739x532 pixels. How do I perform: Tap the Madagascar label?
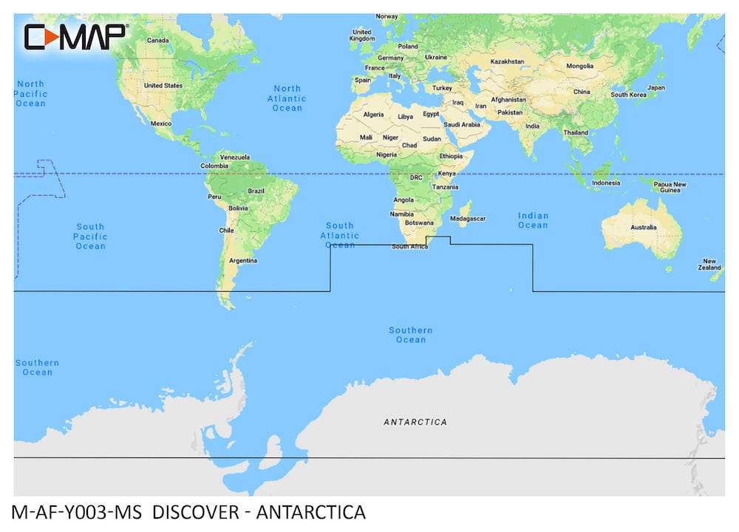click(x=468, y=219)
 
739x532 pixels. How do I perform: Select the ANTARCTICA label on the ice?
click(x=415, y=422)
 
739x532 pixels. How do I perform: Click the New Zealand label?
click(x=709, y=265)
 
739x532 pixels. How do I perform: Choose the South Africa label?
click(x=409, y=246)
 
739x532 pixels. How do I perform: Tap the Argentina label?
click(x=243, y=260)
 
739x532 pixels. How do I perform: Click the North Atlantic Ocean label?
click(x=287, y=98)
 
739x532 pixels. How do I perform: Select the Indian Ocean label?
click(x=532, y=220)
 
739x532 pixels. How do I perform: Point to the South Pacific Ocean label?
click(x=90, y=236)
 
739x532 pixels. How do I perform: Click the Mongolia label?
click(x=579, y=66)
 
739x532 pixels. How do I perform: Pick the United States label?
click(x=163, y=86)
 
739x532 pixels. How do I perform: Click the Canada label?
click(x=159, y=40)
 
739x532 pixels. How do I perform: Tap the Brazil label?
click(x=256, y=191)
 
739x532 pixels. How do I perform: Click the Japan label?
click(x=656, y=88)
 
